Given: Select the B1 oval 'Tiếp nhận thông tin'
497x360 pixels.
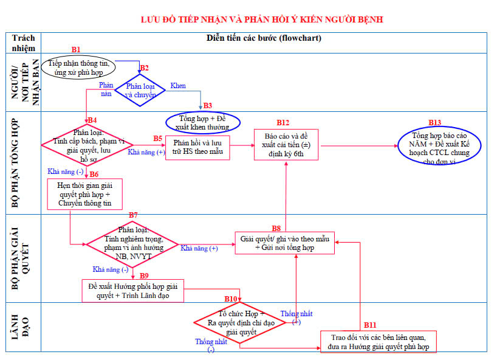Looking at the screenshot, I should [x=78, y=67].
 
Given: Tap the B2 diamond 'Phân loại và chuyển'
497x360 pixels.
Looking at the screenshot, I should [x=140, y=91].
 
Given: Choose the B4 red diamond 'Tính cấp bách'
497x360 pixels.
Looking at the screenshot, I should [x=87, y=144].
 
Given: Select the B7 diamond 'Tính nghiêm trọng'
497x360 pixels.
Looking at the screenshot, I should [x=132, y=244].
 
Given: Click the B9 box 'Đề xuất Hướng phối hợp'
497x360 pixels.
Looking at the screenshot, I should [x=132, y=291].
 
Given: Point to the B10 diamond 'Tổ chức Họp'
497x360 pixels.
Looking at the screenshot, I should [x=239, y=322].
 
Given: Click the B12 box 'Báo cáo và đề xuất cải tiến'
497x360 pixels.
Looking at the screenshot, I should [x=285, y=145].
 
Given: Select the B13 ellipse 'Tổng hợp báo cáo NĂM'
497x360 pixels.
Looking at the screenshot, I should [x=438, y=145].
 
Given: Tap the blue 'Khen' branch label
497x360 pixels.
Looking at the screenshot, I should [x=178, y=86].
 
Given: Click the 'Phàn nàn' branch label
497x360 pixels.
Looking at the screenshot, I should [x=106, y=90].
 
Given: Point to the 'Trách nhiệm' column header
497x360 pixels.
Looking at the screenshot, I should [x=24, y=43].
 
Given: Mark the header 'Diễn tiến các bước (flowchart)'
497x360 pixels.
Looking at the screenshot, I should [x=263, y=38].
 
